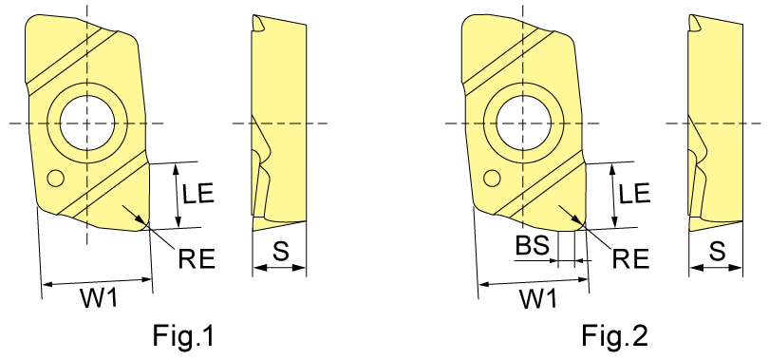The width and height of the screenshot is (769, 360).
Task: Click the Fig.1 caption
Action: [x=183, y=336]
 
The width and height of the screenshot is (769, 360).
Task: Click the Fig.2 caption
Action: [x=615, y=336]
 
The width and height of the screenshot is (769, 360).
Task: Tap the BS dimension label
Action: [x=532, y=246]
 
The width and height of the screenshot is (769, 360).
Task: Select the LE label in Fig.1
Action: [x=198, y=194]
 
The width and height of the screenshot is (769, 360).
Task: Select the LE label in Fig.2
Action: [x=634, y=194]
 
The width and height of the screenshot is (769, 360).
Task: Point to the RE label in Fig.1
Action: [x=197, y=258]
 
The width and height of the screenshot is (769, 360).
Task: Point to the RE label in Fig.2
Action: [x=631, y=258]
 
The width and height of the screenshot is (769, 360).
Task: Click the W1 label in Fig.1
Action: [x=99, y=298]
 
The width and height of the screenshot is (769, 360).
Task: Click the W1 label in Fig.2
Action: [x=538, y=298]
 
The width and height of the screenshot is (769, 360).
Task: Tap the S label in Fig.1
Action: [x=280, y=251]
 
